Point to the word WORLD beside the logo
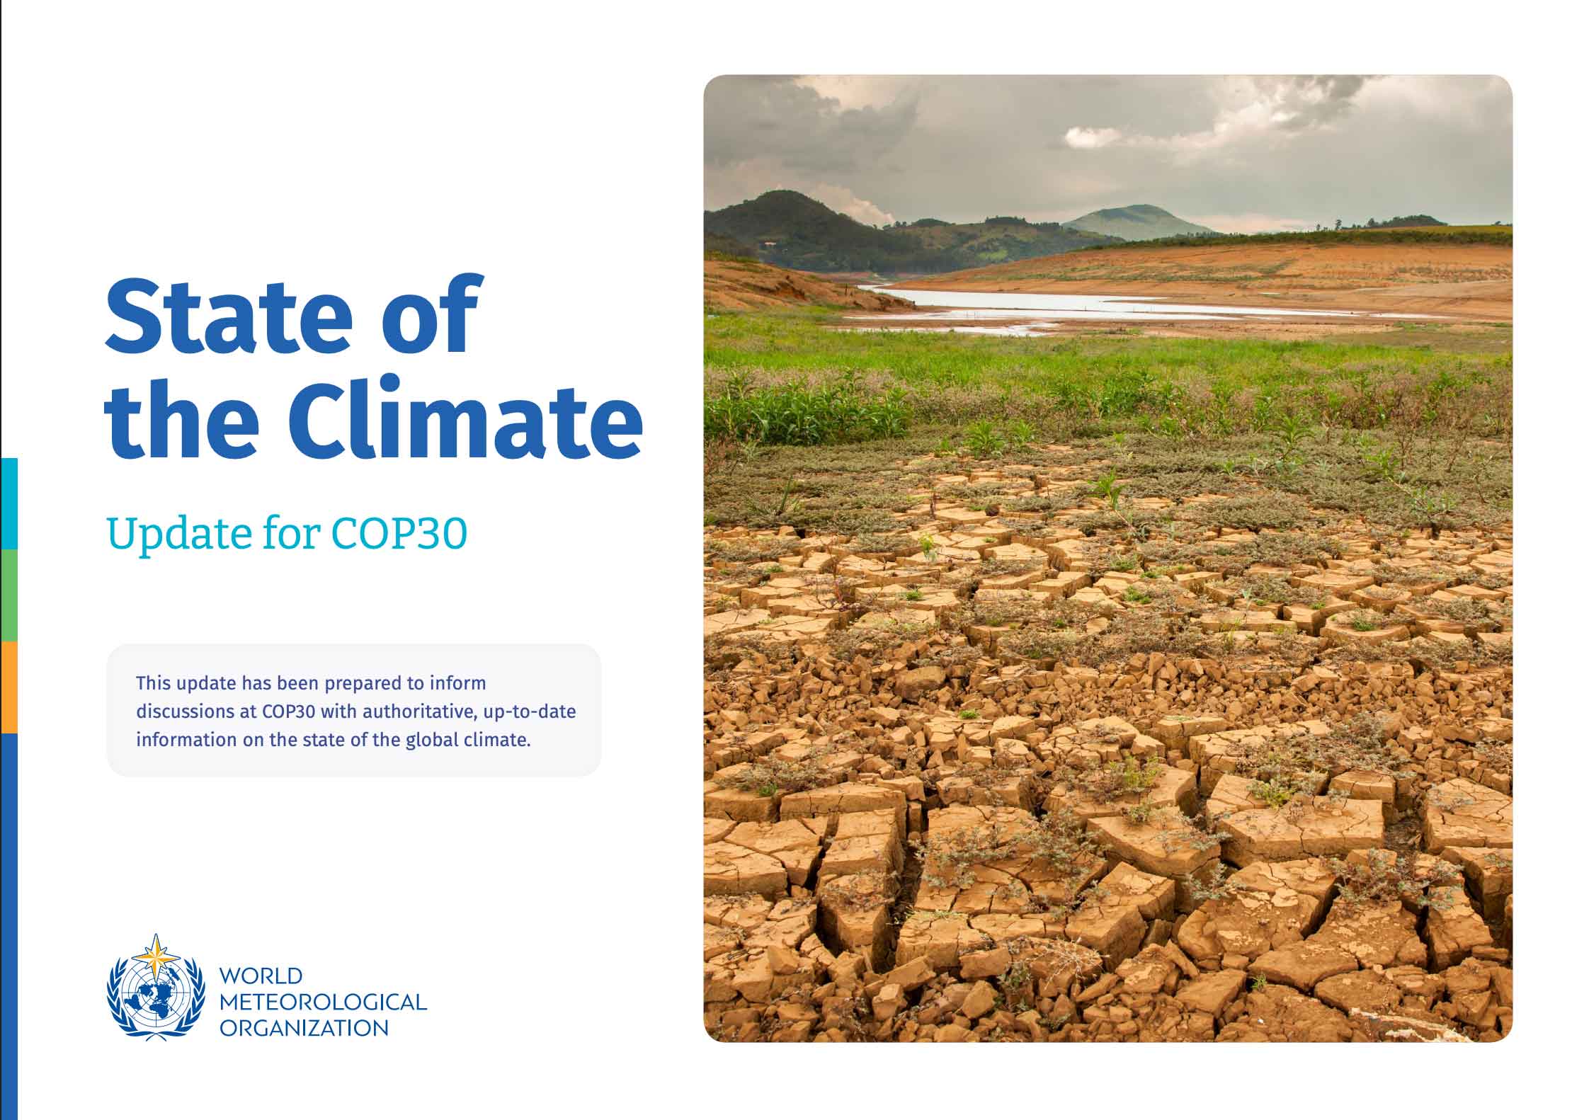click(x=261, y=976)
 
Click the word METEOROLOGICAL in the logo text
click(x=323, y=1002)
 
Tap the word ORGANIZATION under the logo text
click(x=304, y=1028)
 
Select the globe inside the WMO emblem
click(x=154, y=998)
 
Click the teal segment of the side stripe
click(x=9, y=503)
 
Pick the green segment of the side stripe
click(x=9, y=595)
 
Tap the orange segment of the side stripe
click(x=9, y=687)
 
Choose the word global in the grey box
click(x=431, y=740)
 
